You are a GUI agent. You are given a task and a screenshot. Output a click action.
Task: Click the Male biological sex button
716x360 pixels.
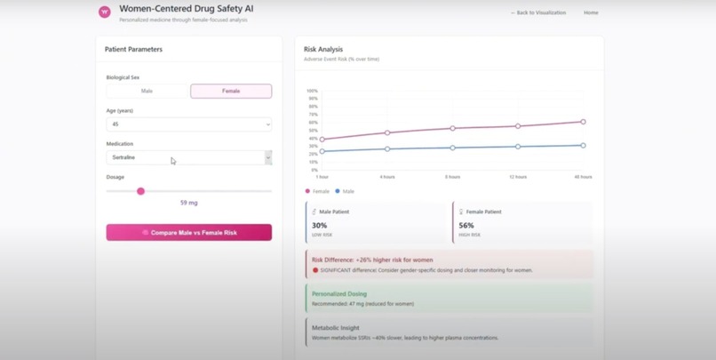(x=147, y=91)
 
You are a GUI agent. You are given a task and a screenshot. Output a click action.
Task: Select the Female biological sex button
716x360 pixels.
(x=231, y=91)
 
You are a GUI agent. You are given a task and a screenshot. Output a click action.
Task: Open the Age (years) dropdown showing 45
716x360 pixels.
(x=188, y=124)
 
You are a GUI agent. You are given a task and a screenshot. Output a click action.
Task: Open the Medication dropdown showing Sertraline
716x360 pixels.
(x=188, y=157)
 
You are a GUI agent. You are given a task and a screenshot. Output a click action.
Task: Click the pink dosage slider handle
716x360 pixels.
(x=140, y=191)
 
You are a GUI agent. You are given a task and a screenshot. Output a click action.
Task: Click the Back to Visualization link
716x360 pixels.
(x=538, y=13)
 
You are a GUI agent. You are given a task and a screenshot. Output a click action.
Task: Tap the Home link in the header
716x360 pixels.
(x=591, y=13)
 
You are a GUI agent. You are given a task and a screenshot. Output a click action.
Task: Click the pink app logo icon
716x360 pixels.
(x=105, y=12)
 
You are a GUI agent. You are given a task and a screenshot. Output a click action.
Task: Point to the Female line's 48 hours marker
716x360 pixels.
(x=584, y=122)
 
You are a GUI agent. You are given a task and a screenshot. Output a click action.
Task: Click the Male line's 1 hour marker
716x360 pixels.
(x=322, y=151)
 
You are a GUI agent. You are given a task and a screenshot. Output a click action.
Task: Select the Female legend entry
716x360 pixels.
(x=318, y=191)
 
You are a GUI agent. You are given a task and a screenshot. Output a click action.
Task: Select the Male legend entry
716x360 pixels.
(x=345, y=191)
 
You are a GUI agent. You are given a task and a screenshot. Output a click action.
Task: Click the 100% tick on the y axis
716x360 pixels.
(x=312, y=91)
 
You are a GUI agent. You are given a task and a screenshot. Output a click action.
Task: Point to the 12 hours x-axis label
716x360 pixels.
(x=518, y=177)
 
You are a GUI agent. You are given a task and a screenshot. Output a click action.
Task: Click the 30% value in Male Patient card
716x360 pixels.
(x=319, y=226)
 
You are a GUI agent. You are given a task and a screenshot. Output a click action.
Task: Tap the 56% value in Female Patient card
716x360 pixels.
(x=466, y=226)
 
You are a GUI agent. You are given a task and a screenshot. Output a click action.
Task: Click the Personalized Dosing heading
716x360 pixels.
(x=338, y=293)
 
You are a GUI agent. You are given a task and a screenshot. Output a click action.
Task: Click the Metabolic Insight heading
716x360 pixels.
(x=335, y=328)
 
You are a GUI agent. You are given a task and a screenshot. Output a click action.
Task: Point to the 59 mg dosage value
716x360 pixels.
(x=188, y=203)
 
